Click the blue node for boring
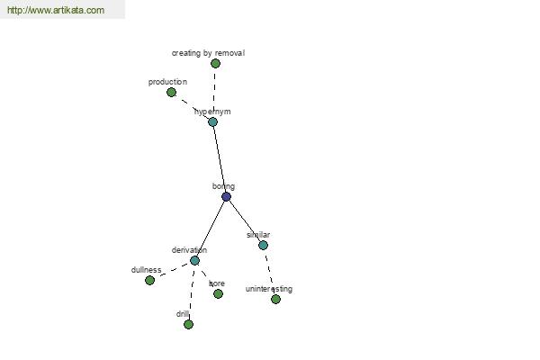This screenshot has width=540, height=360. click(226, 197)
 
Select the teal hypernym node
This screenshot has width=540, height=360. click(212, 122)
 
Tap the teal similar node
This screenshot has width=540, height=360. click(263, 246)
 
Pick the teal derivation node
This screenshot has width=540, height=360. click(194, 260)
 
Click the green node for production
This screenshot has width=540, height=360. click(171, 93)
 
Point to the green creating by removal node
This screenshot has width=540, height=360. click(215, 63)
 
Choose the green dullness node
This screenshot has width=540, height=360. click(149, 281)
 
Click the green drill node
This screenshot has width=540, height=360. click(188, 325)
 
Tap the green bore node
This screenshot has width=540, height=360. click(218, 294)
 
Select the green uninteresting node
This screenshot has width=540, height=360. click(275, 300)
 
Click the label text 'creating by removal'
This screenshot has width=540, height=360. click(208, 53)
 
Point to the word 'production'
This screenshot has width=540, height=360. click(167, 82)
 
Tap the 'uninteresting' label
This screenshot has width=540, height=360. click(269, 289)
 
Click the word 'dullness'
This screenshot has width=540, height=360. click(146, 270)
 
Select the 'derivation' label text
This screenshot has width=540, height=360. click(189, 250)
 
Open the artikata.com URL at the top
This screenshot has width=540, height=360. click(56, 10)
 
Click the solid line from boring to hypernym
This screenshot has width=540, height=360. click(220, 159)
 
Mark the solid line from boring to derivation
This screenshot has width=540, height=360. click(211, 229)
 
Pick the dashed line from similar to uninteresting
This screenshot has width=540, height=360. click(269, 272)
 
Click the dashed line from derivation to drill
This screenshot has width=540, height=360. click(192, 292)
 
